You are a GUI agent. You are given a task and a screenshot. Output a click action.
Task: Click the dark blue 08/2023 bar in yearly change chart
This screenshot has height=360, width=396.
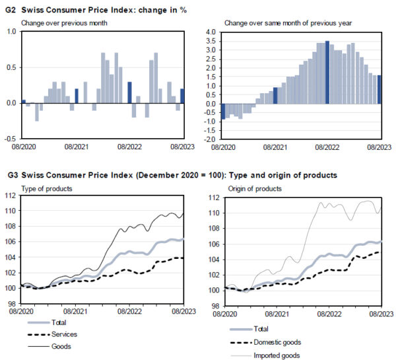click(x=379, y=89)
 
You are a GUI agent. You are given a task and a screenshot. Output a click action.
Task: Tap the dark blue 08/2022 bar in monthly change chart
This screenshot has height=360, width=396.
click(x=130, y=92)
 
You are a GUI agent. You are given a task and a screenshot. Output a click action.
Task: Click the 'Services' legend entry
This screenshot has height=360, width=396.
click(x=64, y=334)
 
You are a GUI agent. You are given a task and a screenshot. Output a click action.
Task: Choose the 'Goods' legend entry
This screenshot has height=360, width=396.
click(x=61, y=346)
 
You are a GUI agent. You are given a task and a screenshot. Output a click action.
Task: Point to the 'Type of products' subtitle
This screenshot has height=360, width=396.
click(x=46, y=189)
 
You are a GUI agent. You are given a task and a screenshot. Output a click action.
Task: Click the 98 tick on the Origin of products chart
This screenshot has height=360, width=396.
click(x=214, y=306)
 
